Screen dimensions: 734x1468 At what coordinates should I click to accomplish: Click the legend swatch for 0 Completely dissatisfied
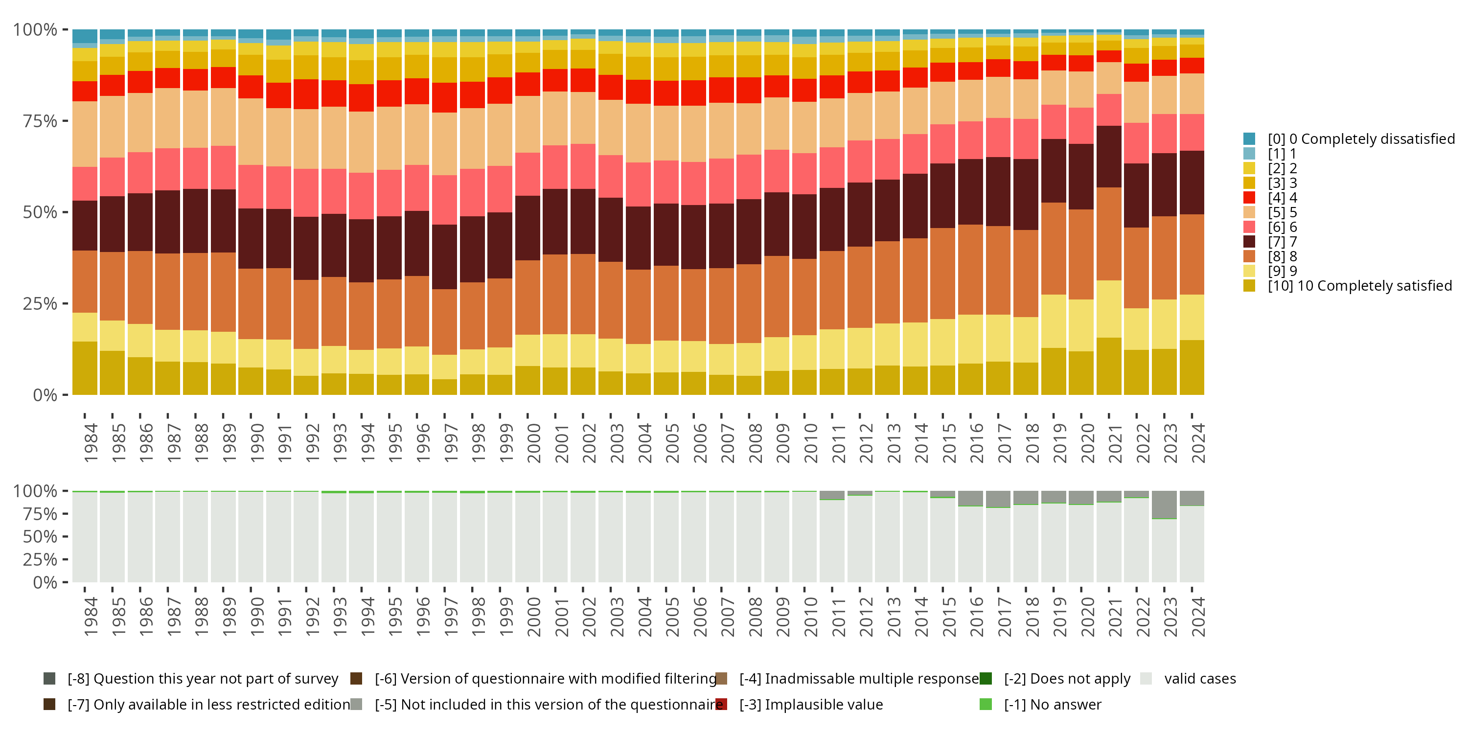pos(1249,139)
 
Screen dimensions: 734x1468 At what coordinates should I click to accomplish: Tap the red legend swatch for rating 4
pos(1249,198)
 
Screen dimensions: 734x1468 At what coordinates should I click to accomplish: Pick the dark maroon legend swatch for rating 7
pos(1249,242)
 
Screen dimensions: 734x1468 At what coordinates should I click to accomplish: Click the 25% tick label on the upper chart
pos(40,304)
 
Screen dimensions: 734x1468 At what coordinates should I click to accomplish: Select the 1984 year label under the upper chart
pos(91,443)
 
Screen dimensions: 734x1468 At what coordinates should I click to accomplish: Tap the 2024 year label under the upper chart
pos(1198,443)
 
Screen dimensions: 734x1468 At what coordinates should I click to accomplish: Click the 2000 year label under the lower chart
pos(533,617)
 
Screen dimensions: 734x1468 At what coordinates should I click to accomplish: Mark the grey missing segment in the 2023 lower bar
pos(1164,505)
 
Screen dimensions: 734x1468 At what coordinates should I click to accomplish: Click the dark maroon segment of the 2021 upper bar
pos(1108,157)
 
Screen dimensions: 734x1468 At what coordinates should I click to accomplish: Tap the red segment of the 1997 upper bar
pos(444,97)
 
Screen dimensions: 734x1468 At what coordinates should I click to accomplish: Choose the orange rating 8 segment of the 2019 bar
pos(1053,249)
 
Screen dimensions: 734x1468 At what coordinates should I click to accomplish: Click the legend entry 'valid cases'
pos(1199,679)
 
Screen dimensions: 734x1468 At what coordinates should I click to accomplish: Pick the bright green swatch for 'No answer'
pos(986,704)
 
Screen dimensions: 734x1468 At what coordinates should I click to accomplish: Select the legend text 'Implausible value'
pos(824,704)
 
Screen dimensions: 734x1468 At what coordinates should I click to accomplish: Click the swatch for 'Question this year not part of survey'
pos(49,679)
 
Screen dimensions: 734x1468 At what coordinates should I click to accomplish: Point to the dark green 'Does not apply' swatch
pos(986,679)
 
